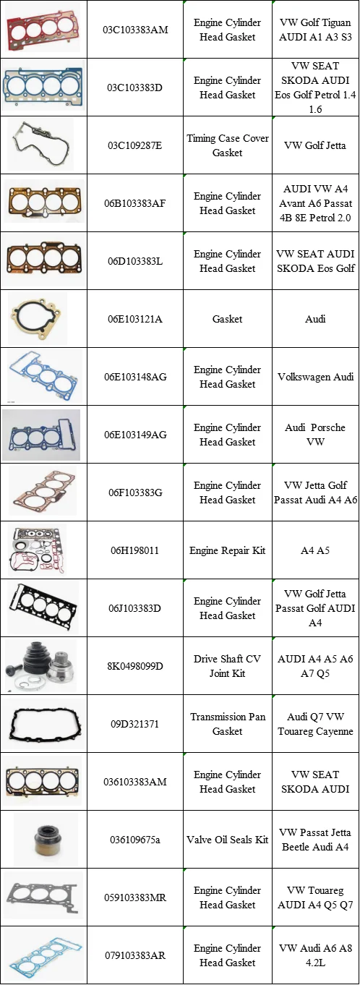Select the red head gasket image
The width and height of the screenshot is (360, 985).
pos(43,30)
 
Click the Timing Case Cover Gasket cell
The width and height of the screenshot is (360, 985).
pos(228,145)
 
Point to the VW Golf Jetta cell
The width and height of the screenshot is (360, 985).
pos(315,145)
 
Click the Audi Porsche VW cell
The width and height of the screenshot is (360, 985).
pos(315,435)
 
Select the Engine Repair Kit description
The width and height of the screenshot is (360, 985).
pos(228,550)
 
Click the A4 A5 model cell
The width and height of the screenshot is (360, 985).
pos(315,550)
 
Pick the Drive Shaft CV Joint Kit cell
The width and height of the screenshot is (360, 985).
pos(228,666)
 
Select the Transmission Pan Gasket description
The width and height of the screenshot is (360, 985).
pos(228,724)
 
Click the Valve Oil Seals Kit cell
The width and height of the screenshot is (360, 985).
pos(228,840)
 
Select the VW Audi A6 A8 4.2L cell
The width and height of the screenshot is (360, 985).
pos(315,955)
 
